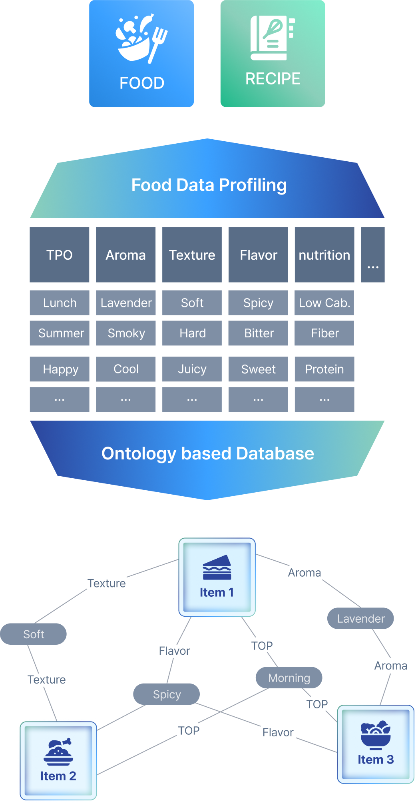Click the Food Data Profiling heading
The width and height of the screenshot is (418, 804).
[209, 185]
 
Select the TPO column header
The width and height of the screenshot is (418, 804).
[60, 255]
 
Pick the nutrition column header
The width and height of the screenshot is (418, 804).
[324, 255]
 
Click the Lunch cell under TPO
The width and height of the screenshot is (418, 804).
[60, 303]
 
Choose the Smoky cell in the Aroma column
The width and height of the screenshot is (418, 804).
[126, 333]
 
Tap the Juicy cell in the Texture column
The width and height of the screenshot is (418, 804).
[192, 369]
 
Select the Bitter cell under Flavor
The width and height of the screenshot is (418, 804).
[258, 333]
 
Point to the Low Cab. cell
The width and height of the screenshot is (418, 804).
[324, 303]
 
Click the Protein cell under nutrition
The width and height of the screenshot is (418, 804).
[324, 369]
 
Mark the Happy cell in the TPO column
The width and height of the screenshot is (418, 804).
[60, 369]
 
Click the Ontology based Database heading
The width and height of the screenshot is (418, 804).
[207, 453]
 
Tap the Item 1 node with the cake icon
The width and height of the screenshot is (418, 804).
[217, 577]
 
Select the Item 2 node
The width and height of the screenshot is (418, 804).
[58, 760]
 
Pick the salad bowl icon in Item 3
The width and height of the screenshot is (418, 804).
[375, 735]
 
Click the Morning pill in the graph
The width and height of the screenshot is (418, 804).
[289, 678]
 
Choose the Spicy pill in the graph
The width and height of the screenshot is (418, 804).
[167, 694]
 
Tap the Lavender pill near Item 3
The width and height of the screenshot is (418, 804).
[360, 618]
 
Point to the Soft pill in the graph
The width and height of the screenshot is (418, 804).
[34, 634]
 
